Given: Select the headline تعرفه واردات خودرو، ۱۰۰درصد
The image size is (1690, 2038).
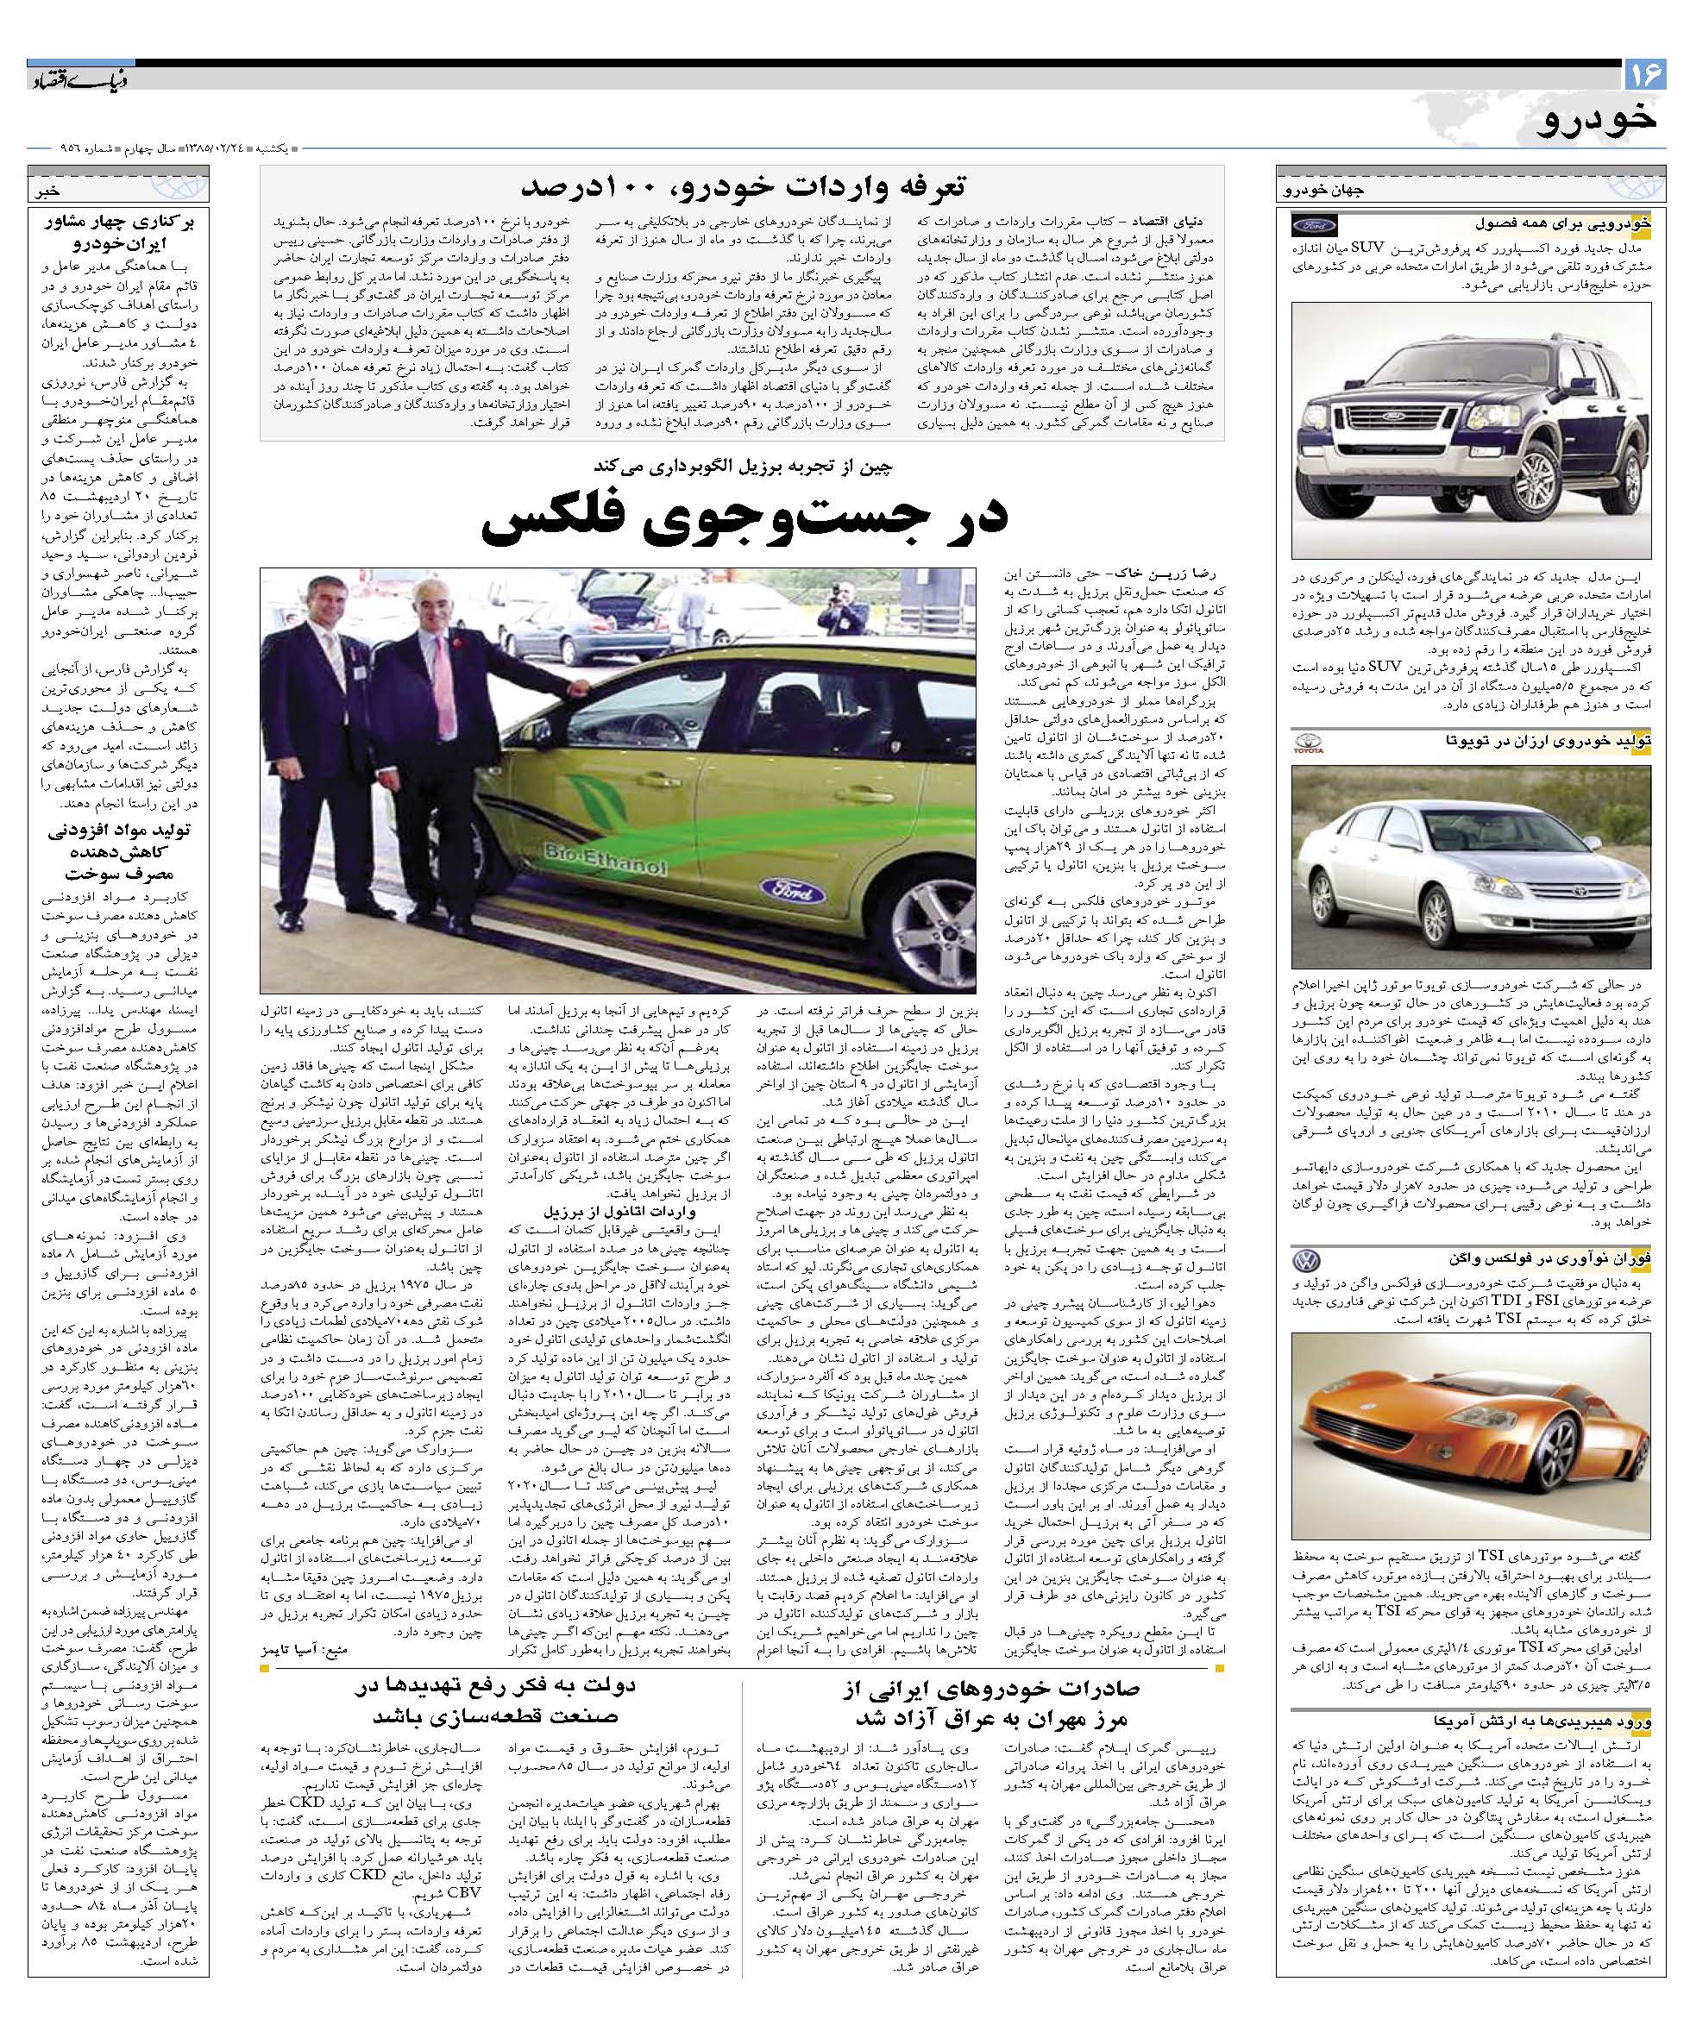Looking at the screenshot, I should pyautogui.click(x=742, y=185).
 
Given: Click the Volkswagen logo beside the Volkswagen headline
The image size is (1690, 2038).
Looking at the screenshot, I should pyautogui.click(x=1308, y=1262).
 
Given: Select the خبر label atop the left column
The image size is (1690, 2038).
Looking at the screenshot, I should pyautogui.click(x=48, y=191).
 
